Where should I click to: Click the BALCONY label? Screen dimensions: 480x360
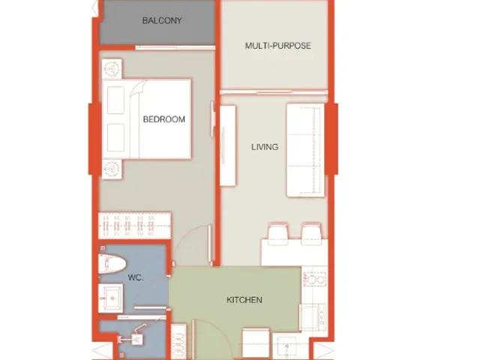(x=162, y=20)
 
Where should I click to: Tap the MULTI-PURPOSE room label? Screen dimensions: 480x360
(x=278, y=46)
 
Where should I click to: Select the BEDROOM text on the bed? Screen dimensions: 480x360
(x=164, y=119)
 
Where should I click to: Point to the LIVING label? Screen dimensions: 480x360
(x=265, y=147)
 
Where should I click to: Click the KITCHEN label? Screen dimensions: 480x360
(x=244, y=300)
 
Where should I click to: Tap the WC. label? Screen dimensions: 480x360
(x=136, y=277)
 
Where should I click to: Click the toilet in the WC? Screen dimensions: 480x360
(x=112, y=264)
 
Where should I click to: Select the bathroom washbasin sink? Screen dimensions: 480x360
(x=111, y=298)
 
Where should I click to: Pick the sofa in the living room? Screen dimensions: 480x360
(x=305, y=150)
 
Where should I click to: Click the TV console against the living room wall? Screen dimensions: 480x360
(x=228, y=145)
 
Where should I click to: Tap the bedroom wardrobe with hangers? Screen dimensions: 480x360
(x=135, y=226)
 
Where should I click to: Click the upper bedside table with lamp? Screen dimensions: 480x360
(x=112, y=69)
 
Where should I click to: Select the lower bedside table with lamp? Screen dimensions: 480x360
(x=112, y=169)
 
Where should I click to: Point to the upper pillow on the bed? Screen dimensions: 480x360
(x=115, y=100)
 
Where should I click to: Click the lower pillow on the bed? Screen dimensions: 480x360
(x=115, y=137)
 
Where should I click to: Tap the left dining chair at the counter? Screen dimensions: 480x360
(x=278, y=234)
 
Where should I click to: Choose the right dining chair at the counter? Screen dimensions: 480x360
(x=311, y=234)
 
